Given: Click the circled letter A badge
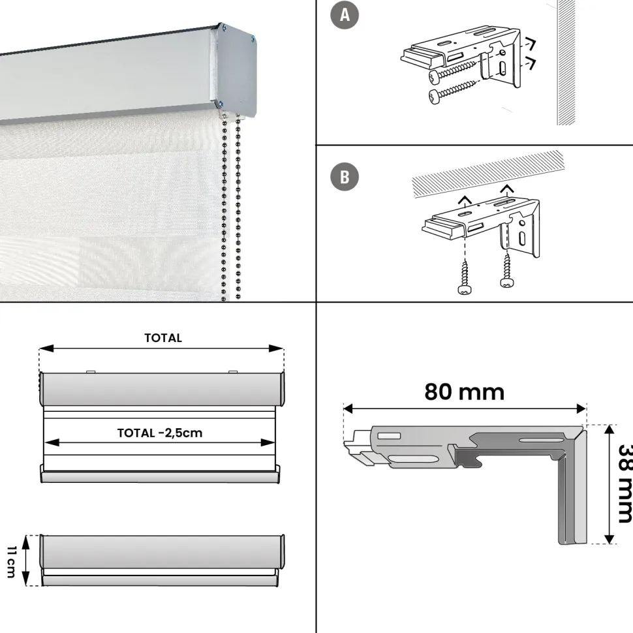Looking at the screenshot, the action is (345, 15).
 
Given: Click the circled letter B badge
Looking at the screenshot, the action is (345, 176).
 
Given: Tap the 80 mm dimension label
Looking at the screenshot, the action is (464, 392).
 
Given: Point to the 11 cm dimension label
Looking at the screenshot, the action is (11, 562).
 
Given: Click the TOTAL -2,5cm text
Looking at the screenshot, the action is (160, 433).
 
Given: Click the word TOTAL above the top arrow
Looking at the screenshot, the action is (163, 338).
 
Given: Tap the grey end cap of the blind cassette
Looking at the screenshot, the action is (237, 69).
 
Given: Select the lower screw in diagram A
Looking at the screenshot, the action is (453, 91).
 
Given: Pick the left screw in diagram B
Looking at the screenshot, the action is (465, 278).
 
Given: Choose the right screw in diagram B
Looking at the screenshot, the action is (506, 270).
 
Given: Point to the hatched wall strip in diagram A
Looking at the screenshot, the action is (566, 63).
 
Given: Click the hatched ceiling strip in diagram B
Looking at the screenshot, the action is (487, 174).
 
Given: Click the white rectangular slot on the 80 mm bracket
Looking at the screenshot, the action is (389, 435).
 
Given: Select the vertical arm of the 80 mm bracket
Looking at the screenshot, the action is (572, 489).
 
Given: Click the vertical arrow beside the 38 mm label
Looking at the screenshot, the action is (610, 484).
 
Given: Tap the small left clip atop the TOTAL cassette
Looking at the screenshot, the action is (91, 372).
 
